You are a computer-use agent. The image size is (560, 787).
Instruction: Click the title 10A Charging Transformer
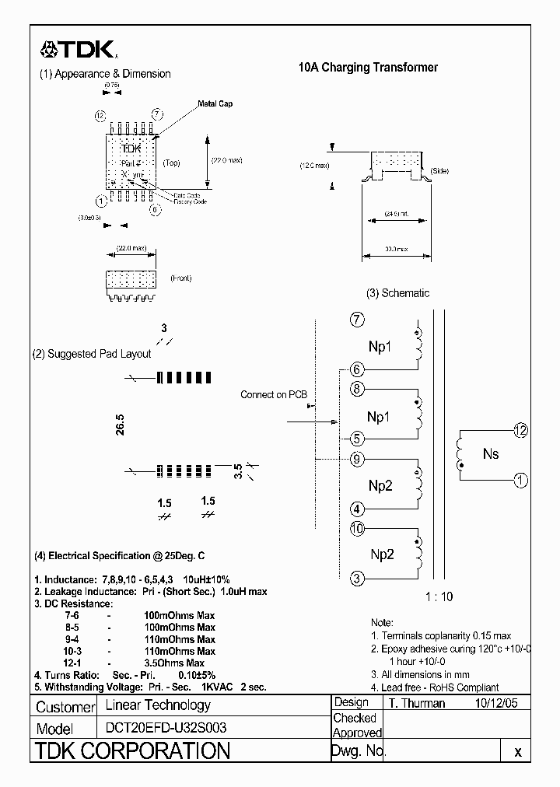pyautogui.click(x=368, y=68)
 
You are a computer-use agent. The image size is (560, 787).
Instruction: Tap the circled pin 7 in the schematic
pyautogui.click(x=357, y=320)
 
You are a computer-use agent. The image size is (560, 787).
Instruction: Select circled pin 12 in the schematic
pyautogui.click(x=520, y=430)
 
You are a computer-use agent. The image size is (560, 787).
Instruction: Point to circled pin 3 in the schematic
pyautogui.click(x=357, y=578)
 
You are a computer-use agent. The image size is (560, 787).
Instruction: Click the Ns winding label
pyautogui.click(x=490, y=454)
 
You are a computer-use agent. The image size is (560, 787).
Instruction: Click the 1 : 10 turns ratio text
pyautogui.click(x=439, y=597)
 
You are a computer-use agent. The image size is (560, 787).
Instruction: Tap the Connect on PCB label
pyautogui.click(x=274, y=394)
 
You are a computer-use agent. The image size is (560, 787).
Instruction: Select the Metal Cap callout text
pyautogui.click(x=215, y=103)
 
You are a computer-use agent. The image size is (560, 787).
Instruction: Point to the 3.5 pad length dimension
pyautogui.click(x=240, y=470)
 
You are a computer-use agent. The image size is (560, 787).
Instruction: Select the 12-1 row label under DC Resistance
pyautogui.click(x=72, y=663)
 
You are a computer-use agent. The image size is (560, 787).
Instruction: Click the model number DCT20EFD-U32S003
pyautogui.click(x=161, y=729)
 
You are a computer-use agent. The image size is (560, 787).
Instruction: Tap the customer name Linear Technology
pyautogui.click(x=158, y=705)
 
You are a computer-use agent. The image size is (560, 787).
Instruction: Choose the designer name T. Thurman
pyautogui.click(x=417, y=703)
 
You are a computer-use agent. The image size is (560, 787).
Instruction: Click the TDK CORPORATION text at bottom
pyautogui.click(x=133, y=751)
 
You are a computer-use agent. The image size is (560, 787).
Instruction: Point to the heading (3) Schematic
pyautogui.click(x=397, y=293)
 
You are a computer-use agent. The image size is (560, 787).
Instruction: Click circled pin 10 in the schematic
pyautogui.click(x=357, y=530)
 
